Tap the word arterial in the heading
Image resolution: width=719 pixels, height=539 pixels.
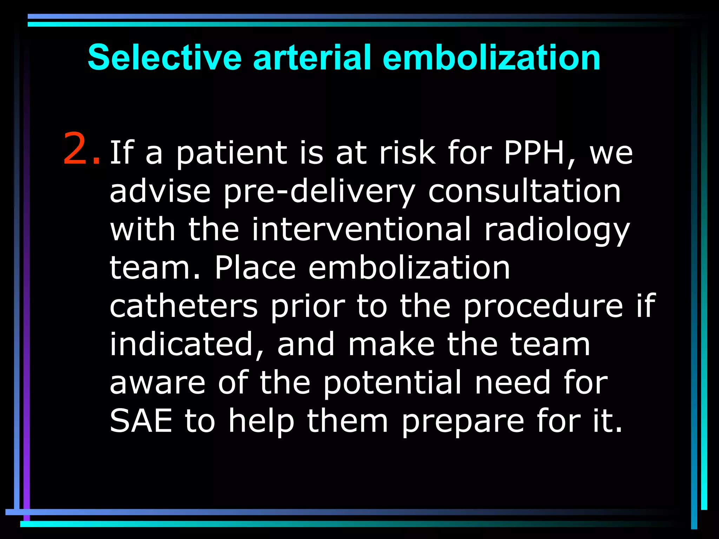click(x=312, y=58)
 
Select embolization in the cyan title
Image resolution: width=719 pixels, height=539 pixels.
click(x=491, y=58)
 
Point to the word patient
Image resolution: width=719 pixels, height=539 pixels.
click(x=232, y=153)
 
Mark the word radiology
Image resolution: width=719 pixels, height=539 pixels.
click(x=557, y=231)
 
